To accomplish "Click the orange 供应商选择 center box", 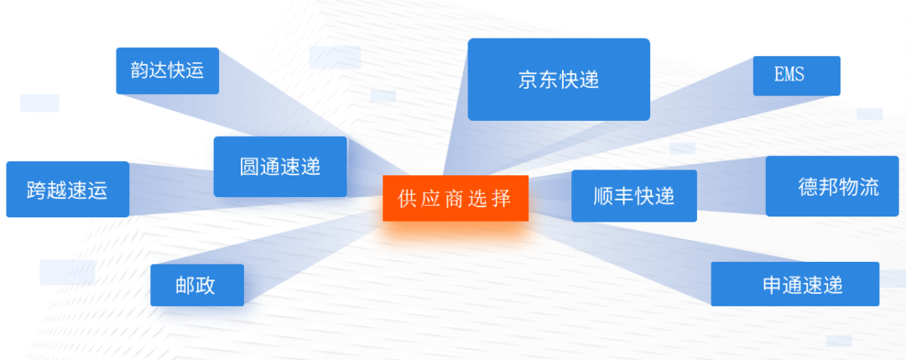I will click(456, 198).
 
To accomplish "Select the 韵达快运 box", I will click(167, 70).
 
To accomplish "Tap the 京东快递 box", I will click(559, 80).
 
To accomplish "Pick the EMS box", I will click(796, 76).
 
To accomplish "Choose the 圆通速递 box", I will click(280, 166).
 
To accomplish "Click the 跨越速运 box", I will click(67, 190).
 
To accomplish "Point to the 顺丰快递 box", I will click(633, 196).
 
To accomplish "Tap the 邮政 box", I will click(197, 285).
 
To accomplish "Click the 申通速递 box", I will click(794, 284).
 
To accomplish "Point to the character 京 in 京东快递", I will click(528, 80).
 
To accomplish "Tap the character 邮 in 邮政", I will click(185, 285).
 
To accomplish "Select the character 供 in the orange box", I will click(408, 199).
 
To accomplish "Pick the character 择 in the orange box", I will click(502, 199).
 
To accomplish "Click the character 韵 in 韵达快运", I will click(139, 70).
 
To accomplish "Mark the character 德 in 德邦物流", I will click(807, 187).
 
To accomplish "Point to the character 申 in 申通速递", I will click(772, 285).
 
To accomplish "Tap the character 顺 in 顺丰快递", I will click(603, 196).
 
